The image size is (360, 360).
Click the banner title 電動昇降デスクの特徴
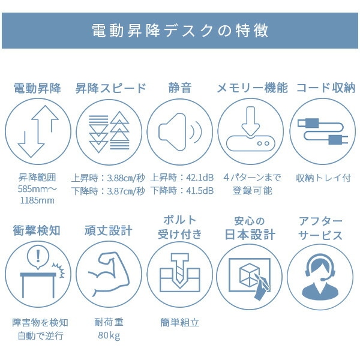(180, 31)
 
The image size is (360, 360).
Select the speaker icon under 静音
(180, 132)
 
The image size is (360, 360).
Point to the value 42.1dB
(200, 178)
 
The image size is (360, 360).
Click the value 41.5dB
(200, 191)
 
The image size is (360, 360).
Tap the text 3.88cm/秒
(126, 178)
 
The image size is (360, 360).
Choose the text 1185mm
(37, 200)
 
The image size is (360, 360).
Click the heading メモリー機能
(252, 88)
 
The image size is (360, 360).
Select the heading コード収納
(326, 88)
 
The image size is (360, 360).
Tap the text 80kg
(109, 335)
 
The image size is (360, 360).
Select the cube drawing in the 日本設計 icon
(250, 275)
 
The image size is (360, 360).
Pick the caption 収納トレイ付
(323, 178)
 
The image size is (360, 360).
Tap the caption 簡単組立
(180, 323)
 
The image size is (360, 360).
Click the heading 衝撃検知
(37, 231)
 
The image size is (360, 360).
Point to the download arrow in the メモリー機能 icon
(251, 121)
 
